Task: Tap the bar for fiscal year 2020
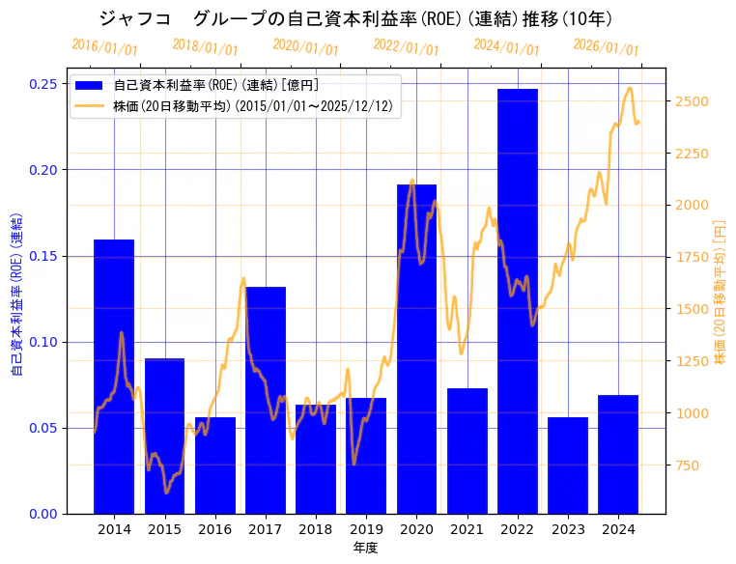pos(416,349)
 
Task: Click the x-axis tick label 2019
pos(366,529)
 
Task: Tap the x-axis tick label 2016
pos(214,529)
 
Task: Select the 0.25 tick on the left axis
pos(42,84)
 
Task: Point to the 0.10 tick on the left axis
pos(42,342)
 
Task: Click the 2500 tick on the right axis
pos(692,101)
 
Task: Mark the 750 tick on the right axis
pos(688,465)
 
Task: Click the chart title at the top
pos(355,18)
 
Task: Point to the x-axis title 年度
pos(366,548)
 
